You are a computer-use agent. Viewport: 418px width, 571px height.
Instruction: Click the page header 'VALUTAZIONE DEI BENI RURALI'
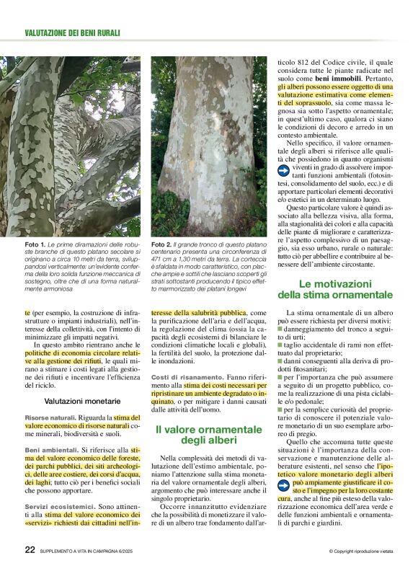click(72, 33)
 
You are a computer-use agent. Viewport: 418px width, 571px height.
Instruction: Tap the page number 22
click(30, 550)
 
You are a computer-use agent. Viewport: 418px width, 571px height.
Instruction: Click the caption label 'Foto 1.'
click(36, 245)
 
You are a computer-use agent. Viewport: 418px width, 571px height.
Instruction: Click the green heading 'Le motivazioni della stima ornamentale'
click(335, 289)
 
